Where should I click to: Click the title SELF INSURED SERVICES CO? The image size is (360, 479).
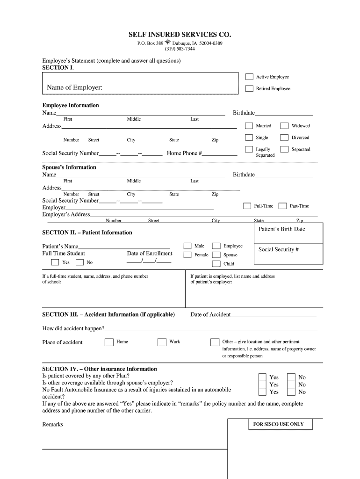[x=180, y=35]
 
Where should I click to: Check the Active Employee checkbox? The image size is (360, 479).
[x=250, y=77]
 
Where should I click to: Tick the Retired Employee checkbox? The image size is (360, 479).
[x=250, y=88]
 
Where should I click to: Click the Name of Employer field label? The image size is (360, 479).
[x=75, y=88]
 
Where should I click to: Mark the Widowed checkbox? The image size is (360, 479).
[x=284, y=125]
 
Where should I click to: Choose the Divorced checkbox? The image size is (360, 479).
[x=284, y=138]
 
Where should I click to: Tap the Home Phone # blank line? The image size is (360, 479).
[x=220, y=154]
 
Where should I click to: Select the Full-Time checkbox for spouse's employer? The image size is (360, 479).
[x=247, y=206]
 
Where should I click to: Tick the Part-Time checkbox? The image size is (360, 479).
[x=282, y=206]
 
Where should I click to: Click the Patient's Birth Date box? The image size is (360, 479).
[x=288, y=232]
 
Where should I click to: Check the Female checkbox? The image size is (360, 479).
[x=187, y=255]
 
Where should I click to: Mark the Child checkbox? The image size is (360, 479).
[x=216, y=264]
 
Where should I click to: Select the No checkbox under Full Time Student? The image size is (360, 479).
[x=80, y=262]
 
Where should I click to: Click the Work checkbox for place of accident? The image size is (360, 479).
[x=162, y=342]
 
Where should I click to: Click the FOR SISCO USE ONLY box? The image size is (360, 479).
[x=278, y=424]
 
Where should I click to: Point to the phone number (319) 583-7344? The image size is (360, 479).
[x=180, y=49]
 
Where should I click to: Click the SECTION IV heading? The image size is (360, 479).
[x=100, y=369]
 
